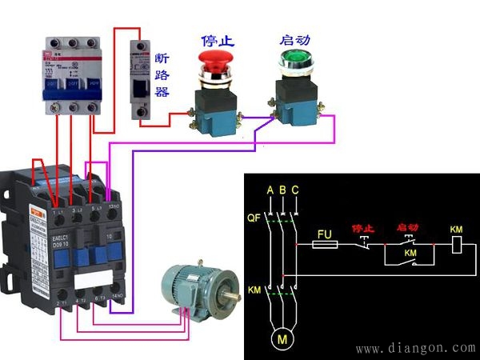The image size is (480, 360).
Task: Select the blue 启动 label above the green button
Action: click(294, 38)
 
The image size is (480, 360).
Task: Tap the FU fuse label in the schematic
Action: click(324, 234)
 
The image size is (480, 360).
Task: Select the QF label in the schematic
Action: click(253, 216)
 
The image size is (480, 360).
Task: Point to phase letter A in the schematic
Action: click(270, 190)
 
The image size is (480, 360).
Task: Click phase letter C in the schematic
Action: click(295, 190)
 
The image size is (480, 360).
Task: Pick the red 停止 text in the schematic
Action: click(363, 227)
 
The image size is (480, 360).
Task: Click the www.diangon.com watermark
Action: click(414, 349)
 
